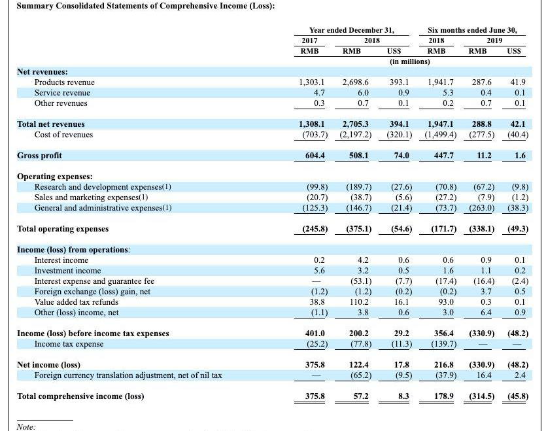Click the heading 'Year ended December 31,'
[x=351, y=30]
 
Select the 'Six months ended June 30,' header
[x=471, y=30]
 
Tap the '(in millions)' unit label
[x=410, y=61]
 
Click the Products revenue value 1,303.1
[x=311, y=82]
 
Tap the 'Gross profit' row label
[x=40, y=156]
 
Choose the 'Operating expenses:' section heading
[x=54, y=177]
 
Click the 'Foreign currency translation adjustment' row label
[x=128, y=375]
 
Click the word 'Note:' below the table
[x=26, y=426]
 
